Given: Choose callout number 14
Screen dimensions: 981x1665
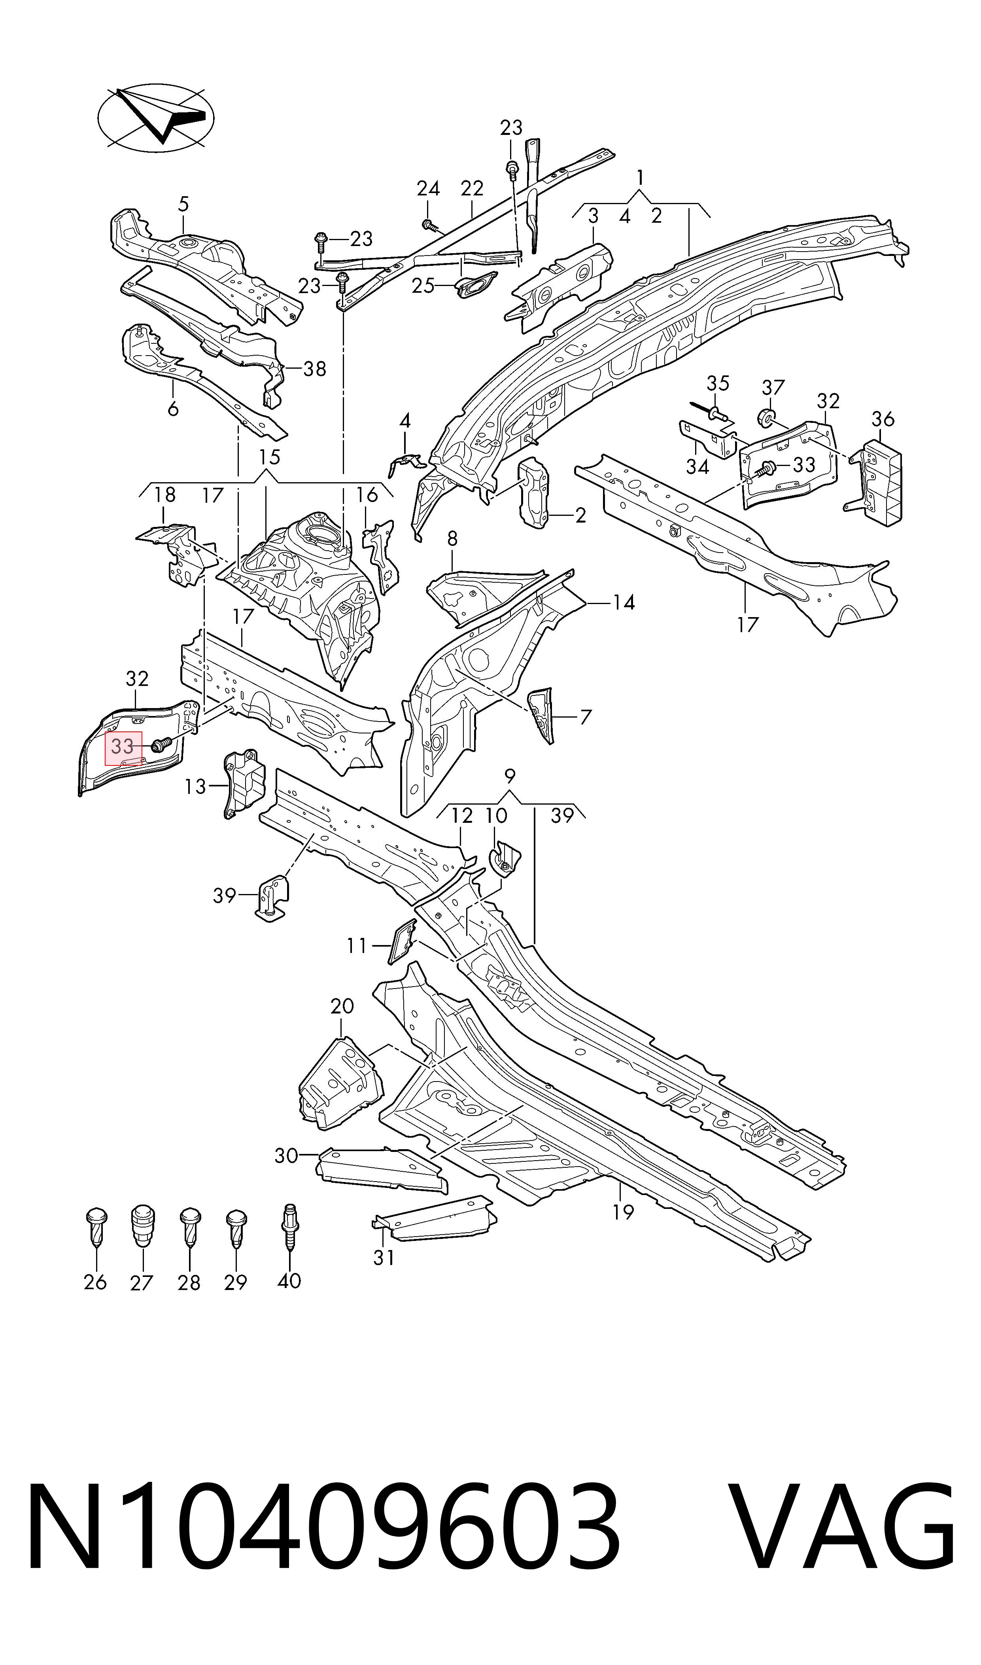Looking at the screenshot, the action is pos(624,602).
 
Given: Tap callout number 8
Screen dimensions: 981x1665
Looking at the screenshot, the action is pos(452,538).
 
